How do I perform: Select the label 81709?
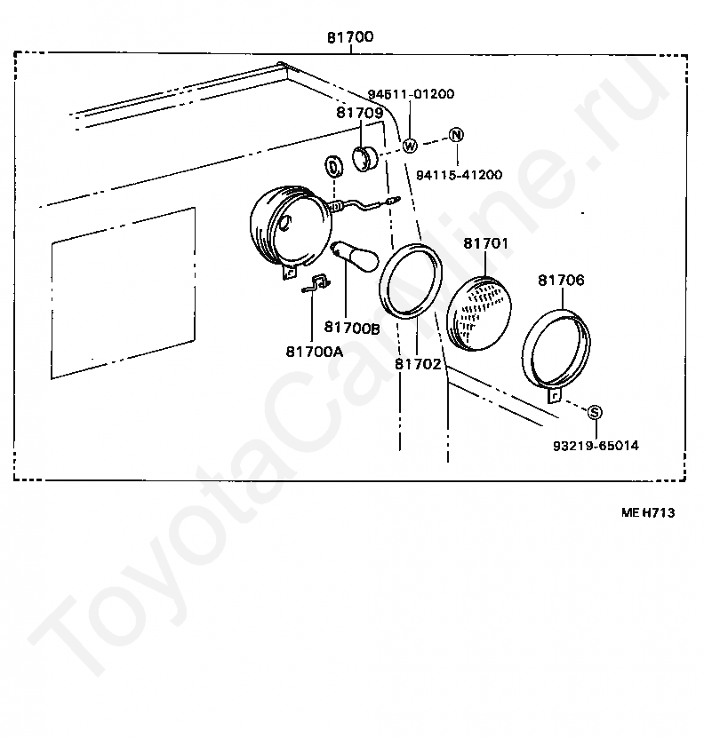359,113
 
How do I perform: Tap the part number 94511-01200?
411,93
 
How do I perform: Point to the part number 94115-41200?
460,175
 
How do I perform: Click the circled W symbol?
410,146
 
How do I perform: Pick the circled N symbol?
456,134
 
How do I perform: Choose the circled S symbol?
595,411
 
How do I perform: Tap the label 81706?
561,280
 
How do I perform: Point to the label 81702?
418,363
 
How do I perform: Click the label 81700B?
352,328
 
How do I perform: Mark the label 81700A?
314,351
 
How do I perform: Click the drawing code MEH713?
653,512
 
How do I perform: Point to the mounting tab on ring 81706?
555,395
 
